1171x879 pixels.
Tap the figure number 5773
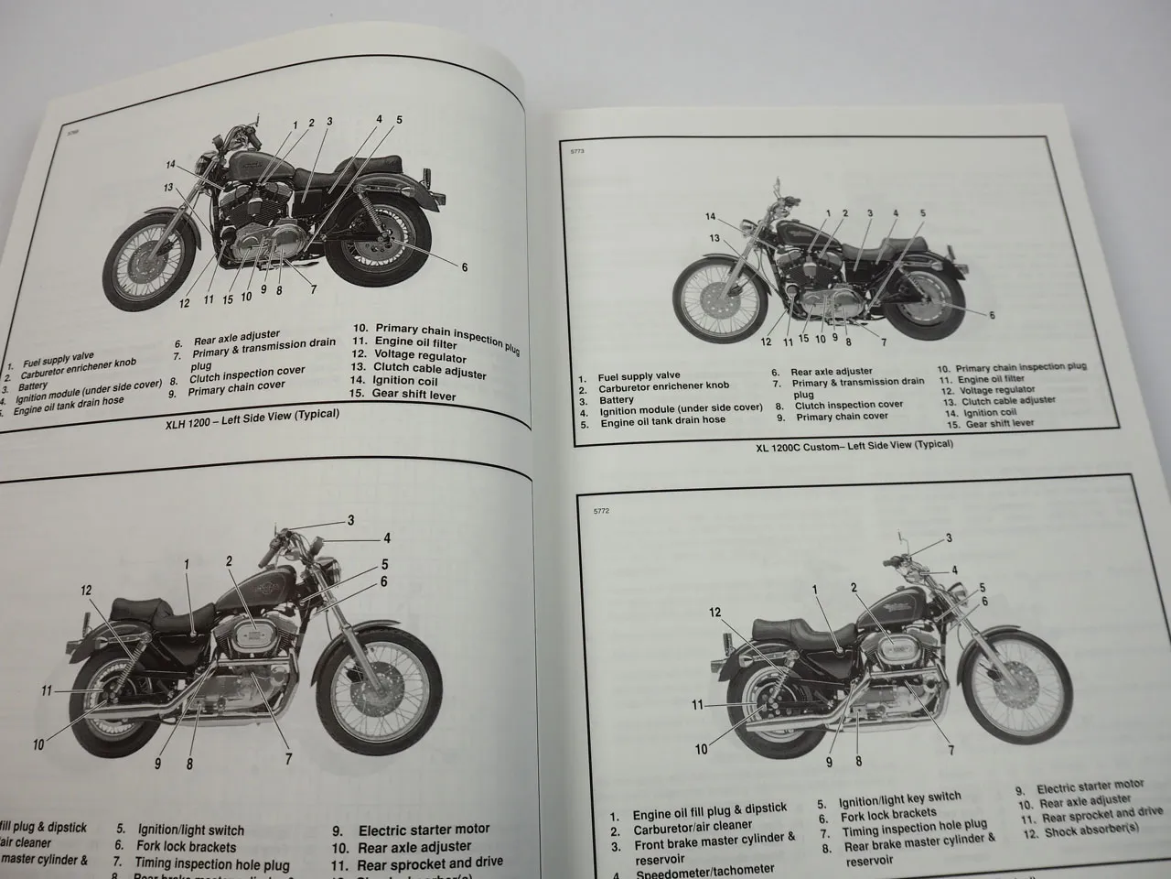pyautogui.click(x=576, y=152)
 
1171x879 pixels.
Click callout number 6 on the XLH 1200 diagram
pyautogui.click(x=465, y=267)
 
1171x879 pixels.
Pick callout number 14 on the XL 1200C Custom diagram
pyautogui.click(x=711, y=216)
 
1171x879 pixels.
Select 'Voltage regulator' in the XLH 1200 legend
pyautogui.click(x=420, y=355)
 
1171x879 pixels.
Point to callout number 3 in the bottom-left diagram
pyautogui.click(x=350, y=521)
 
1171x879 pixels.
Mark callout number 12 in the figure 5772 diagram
pyautogui.click(x=715, y=613)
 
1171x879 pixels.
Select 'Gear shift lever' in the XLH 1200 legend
pyautogui.click(x=414, y=395)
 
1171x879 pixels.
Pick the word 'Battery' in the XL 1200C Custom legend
pyautogui.click(x=617, y=399)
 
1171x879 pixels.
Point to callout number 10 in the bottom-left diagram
pyautogui.click(x=38, y=744)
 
